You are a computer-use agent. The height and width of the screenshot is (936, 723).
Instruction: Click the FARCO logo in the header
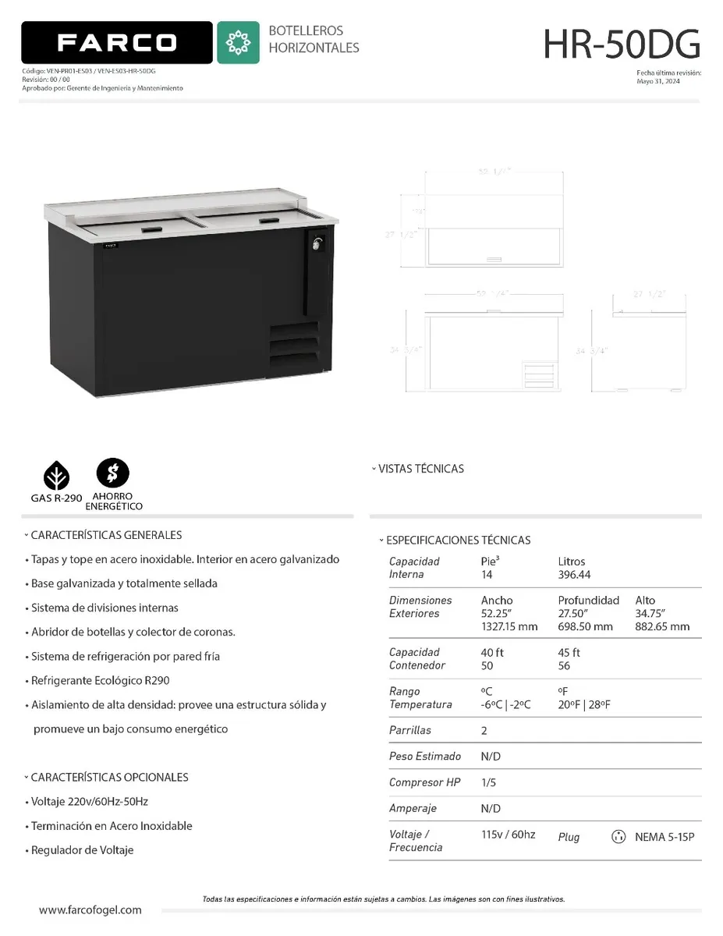tap(117, 42)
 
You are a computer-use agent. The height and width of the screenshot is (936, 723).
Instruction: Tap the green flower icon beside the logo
tap(238, 42)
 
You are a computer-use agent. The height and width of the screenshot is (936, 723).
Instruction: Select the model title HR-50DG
tap(622, 44)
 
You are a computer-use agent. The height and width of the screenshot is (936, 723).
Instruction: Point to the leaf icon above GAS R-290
tap(56, 474)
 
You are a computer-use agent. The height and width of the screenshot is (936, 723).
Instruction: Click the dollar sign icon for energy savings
tap(112, 472)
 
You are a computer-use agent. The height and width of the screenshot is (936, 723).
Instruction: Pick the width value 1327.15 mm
tap(509, 627)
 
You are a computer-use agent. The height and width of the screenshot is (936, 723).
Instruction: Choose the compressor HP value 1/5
tap(488, 782)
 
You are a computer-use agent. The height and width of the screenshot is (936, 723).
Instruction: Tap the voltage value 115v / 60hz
tap(508, 835)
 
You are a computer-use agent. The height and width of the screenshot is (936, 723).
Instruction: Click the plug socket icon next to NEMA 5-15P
tap(618, 837)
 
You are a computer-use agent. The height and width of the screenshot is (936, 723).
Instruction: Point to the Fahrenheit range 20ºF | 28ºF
tap(584, 705)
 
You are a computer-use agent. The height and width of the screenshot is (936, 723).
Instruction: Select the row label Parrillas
tap(410, 731)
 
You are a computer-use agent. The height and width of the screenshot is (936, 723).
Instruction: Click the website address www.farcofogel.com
tap(90, 910)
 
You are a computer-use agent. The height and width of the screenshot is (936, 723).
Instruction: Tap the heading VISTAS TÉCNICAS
tap(420, 469)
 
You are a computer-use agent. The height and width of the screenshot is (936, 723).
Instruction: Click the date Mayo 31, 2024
tap(657, 81)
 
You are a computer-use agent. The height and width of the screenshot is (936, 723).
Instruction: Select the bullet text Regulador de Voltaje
tap(82, 850)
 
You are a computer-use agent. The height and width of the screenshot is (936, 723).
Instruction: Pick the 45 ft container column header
tap(569, 653)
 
